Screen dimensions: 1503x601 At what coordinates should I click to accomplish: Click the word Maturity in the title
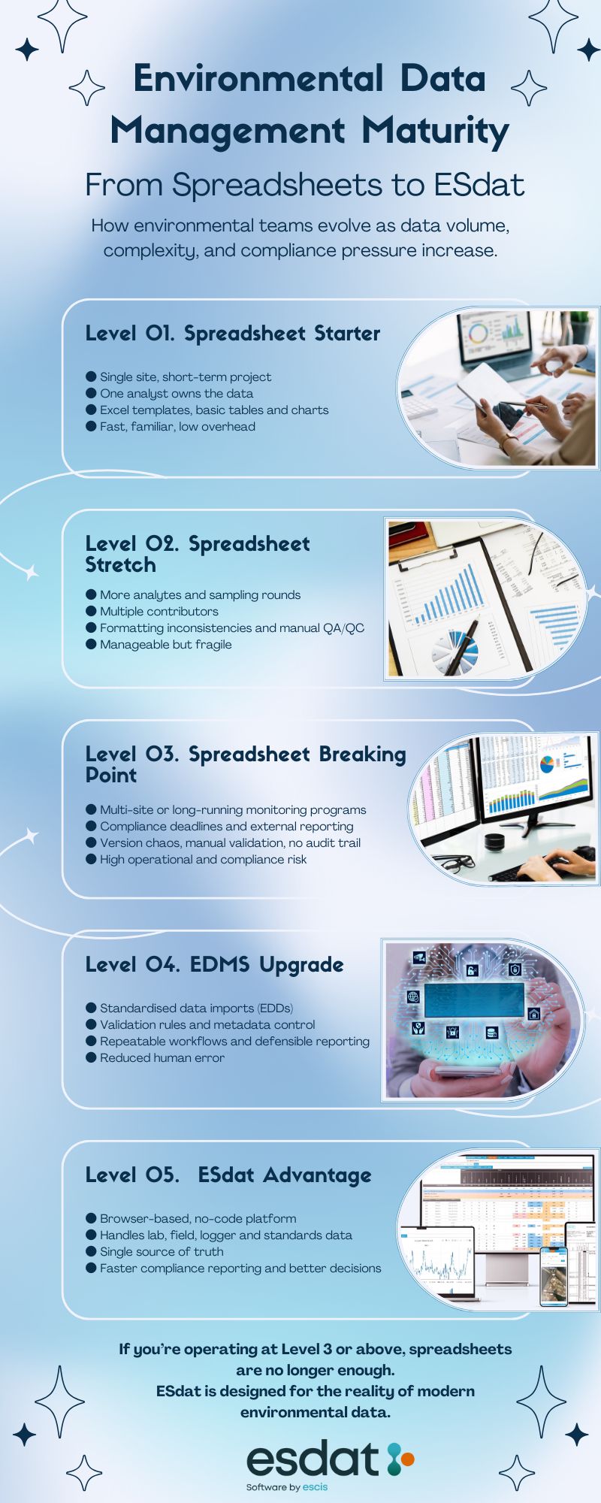click(x=435, y=131)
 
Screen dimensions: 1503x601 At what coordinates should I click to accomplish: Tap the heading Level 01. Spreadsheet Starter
click(x=233, y=334)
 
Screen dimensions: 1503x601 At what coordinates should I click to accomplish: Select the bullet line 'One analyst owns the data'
click(x=177, y=393)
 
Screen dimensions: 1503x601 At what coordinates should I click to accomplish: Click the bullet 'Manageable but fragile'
click(x=165, y=644)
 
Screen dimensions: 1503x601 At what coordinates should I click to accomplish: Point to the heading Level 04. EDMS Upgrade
click(x=214, y=965)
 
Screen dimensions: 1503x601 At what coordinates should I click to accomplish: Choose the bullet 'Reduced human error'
click(x=162, y=1057)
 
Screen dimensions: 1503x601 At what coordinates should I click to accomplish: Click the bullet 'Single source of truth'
click(x=162, y=1251)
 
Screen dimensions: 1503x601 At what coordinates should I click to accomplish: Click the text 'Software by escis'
click(x=287, y=1486)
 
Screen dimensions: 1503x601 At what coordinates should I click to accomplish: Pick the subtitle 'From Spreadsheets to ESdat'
click(x=304, y=185)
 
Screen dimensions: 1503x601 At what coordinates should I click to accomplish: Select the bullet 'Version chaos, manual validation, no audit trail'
click(x=230, y=842)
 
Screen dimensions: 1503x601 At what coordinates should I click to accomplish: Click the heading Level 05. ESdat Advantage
click(x=228, y=1175)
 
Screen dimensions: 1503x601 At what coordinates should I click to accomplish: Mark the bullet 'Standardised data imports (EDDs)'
click(x=196, y=1008)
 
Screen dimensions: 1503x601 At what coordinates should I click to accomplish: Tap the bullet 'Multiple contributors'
click(x=159, y=611)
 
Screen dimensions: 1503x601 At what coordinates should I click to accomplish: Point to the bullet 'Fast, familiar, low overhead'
click(x=177, y=426)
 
